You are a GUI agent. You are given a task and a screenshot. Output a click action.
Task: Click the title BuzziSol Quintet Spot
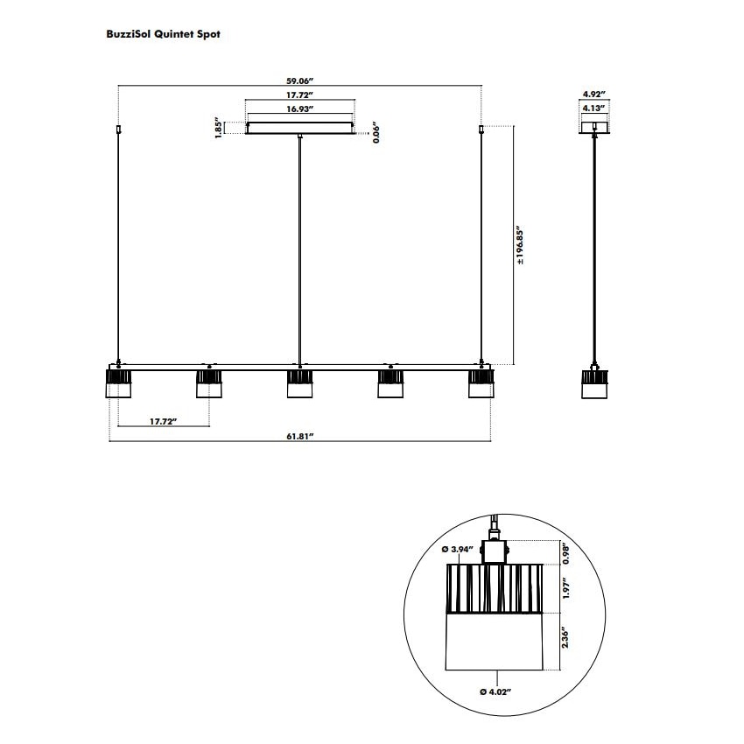click(x=163, y=35)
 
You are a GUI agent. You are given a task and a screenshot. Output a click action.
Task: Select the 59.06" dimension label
click(x=300, y=81)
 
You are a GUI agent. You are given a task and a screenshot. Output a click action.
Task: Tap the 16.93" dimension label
click(x=300, y=109)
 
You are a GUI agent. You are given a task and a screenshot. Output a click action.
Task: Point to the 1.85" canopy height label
click(x=218, y=128)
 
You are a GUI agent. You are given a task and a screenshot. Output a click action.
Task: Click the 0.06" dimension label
click(x=376, y=133)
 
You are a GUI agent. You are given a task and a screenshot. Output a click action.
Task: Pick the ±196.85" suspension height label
click(x=520, y=245)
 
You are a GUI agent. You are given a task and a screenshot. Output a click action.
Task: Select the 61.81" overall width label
click(x=300, y=436)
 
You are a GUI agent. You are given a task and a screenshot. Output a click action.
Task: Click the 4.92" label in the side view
click(x=594, y=95)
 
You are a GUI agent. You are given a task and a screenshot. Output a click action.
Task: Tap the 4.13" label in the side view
click(x=594, y=109)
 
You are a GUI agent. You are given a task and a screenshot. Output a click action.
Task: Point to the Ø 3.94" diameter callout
click(x=458, y=549)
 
